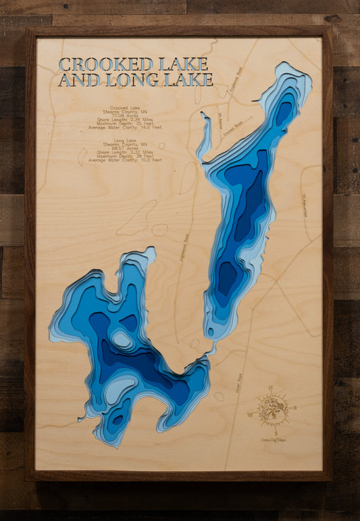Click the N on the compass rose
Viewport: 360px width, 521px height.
tap(270, 389)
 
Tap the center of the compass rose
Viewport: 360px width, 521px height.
tap(274, 409)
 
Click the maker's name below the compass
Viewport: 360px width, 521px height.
tap(275, 440)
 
